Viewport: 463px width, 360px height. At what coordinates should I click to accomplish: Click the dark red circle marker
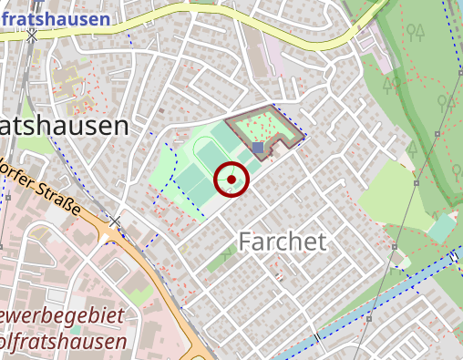click(x=231, y=180)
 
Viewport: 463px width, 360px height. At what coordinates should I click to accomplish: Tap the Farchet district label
click(x=283, y=241)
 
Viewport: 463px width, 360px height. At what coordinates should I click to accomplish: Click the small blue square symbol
click(x=259, y=147)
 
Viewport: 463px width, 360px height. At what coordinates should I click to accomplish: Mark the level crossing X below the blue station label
click(x=33, y=36)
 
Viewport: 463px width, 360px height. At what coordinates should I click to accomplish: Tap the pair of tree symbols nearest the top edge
click(x=417, y=34)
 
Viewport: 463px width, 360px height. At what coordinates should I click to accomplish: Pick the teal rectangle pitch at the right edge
click(x=442, y=226)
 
